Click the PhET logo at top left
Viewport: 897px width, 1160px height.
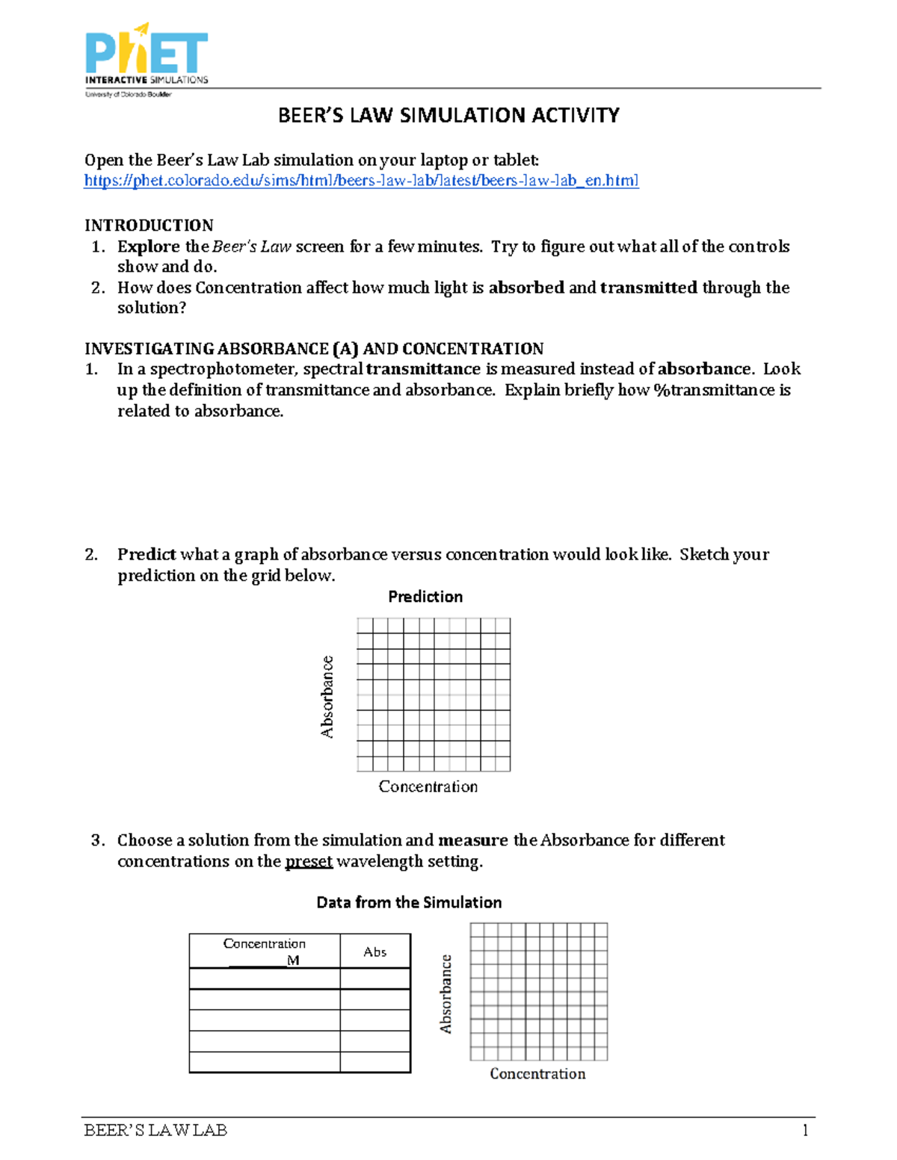pos(147,60)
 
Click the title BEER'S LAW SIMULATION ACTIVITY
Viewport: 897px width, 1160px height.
pos(449,116)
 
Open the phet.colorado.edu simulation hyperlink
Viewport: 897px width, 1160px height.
pos(361,181)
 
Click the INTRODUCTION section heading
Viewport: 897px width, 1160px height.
pos(149,226)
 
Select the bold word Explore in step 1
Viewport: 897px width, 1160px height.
pos(148,246)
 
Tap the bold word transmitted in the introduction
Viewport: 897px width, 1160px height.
pos(648,288)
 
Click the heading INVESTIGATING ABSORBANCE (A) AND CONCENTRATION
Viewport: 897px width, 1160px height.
pos(314,349)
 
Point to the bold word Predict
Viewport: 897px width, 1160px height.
pos(146,554)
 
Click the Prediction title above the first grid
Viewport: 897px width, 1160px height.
pos(425,597)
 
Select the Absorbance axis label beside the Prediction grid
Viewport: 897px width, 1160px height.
pos(327,696)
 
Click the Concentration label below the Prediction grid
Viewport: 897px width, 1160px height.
pos(428,787)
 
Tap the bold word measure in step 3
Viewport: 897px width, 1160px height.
pos(472,840)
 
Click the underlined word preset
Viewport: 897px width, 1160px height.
pos(309,861)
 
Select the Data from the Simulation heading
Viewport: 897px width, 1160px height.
pos(409,902)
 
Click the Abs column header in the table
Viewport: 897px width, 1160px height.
pos(374,952)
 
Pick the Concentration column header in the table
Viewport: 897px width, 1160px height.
pos(264,944)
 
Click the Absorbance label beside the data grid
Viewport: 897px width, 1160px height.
pos(446,993)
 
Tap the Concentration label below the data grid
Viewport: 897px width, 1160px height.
pos(537,1074)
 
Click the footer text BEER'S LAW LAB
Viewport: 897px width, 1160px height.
pos(155,1130)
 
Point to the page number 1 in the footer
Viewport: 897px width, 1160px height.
pos(805,1130)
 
